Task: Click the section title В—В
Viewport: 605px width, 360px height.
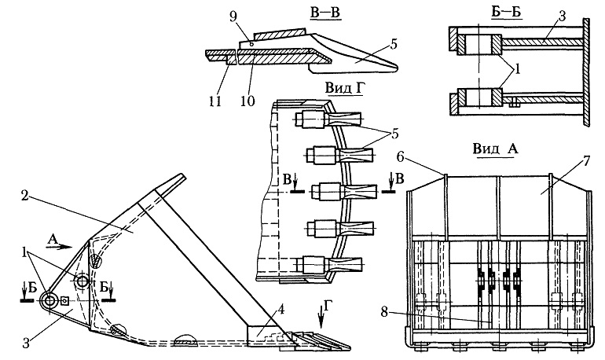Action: [x=325, y=13]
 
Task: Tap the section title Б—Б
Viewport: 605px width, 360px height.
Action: [x=506, y=12]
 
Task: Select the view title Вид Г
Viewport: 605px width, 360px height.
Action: [x=345, y=88]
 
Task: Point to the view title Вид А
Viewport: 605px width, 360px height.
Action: [x=495, y=149]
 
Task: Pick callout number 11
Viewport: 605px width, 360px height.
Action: [x=215, y=101]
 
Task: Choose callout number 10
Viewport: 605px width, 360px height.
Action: [x=247, y=101]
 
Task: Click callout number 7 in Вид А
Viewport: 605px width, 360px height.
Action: [x=585, y=161]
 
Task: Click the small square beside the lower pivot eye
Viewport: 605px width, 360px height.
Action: [x=64, y=299]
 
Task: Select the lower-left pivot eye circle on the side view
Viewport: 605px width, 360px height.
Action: [x=49, y=301]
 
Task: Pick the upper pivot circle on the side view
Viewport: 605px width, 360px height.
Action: [x=82, y=281]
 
